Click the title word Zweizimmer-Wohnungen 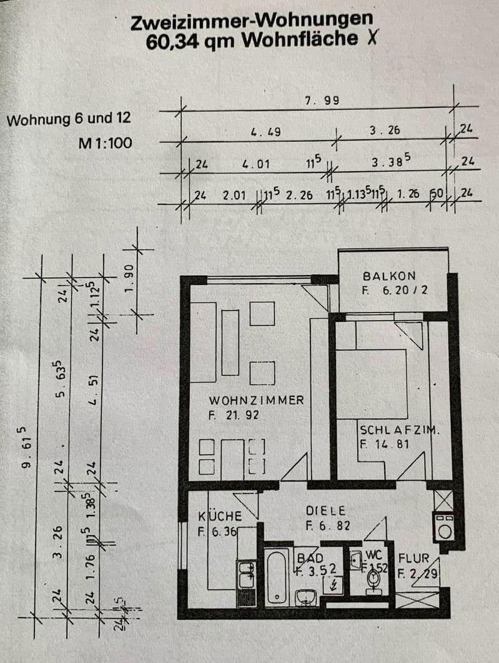coord(252,22)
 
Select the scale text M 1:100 coord(105,143)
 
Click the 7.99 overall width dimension coord(321,101)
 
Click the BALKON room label coord(388,276)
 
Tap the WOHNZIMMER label coord(256,400)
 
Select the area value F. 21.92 coord(234,414)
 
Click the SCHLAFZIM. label coord(400,431)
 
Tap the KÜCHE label coord(220,517)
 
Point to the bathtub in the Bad coord(277,576)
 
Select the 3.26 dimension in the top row coord(384,131)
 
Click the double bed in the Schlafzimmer coord(372,382)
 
